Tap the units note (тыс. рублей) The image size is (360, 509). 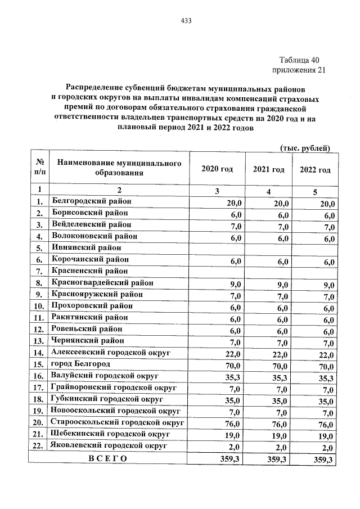[304, 148]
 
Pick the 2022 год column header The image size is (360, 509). [314, 170]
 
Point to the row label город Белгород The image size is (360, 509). [81, 364]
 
